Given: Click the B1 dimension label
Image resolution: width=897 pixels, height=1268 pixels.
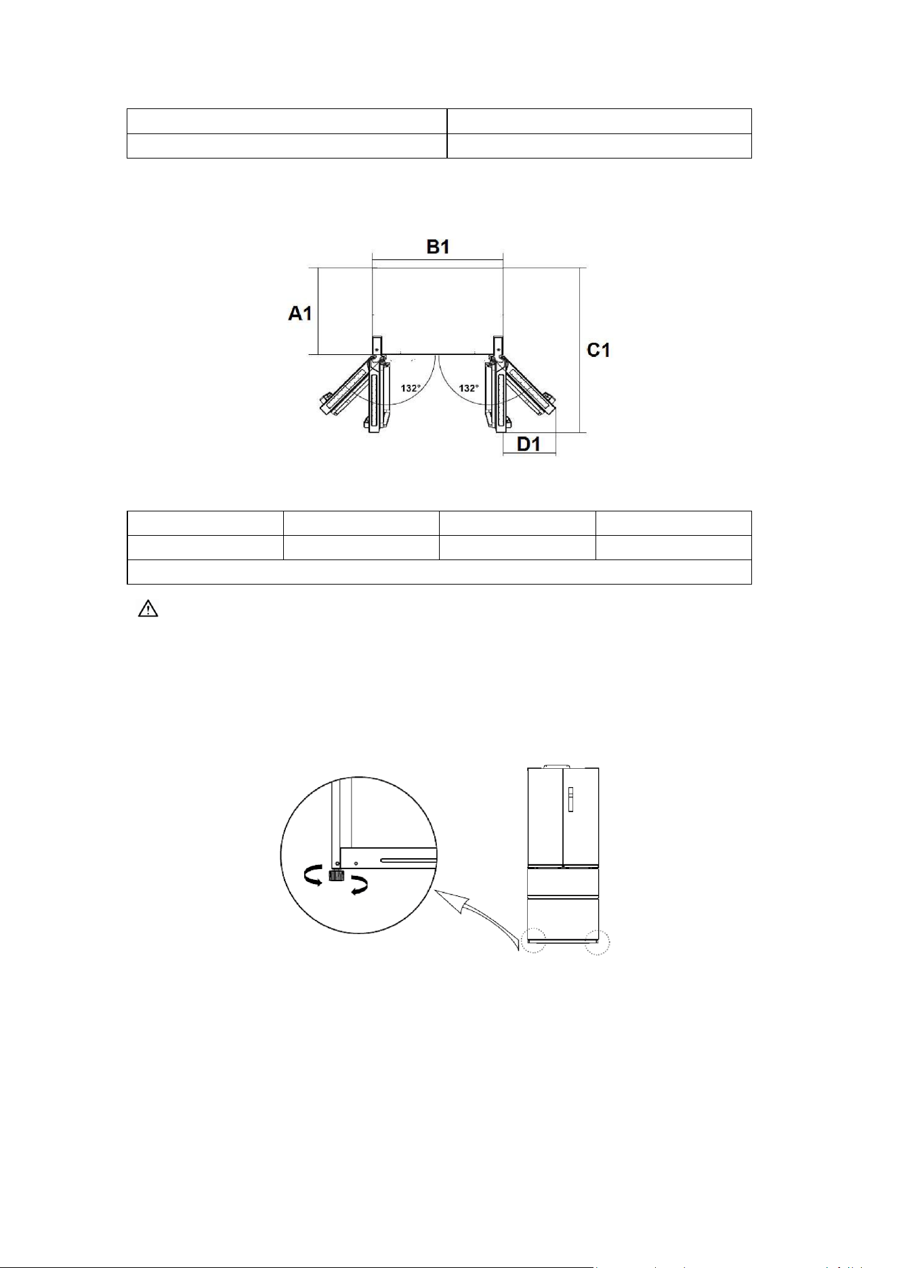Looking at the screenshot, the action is pos(438,247).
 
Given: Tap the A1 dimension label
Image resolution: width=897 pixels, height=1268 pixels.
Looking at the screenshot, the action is pos(300,314).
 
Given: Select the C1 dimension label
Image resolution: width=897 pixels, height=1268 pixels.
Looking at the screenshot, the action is pos(599,350).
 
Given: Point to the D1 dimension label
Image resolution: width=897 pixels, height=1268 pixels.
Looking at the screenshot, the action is pos(528,444).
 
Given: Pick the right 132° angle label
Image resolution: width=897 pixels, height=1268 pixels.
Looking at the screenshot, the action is pos(469,388).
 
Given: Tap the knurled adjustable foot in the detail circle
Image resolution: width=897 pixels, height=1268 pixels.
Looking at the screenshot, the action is pos(335,875).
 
